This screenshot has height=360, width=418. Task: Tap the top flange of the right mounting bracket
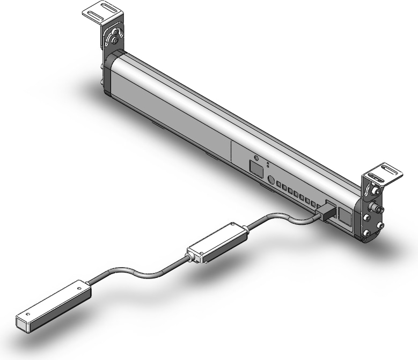[384, 173]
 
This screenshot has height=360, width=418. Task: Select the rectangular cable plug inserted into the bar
[326, 210]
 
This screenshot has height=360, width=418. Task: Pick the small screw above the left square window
[256, 159]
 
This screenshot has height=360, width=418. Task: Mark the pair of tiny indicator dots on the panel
[268, 164]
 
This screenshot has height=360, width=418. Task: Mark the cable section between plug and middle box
[279, 218]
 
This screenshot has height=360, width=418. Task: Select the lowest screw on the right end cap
[367, 233]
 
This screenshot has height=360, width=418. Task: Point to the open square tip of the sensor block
[22, 322]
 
